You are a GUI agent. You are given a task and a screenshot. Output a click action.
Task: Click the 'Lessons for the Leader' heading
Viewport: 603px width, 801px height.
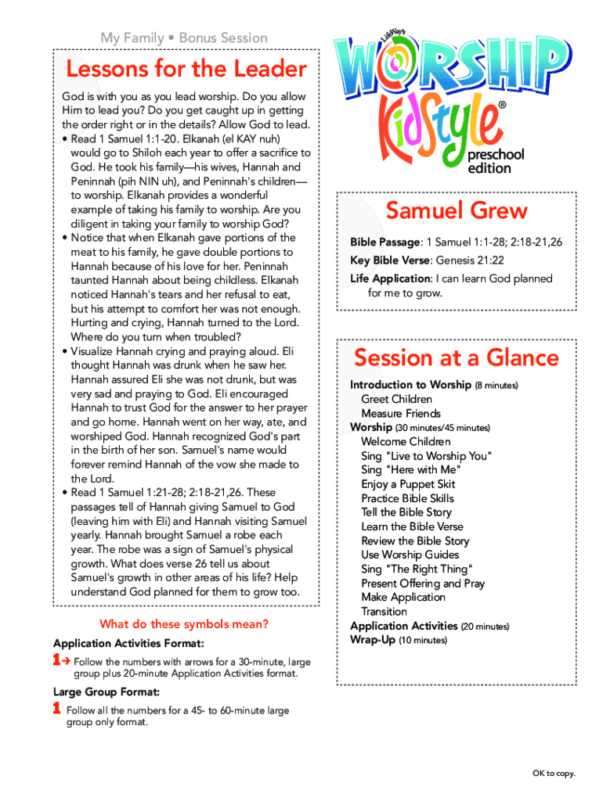pyautogui.click(x=186, y=70)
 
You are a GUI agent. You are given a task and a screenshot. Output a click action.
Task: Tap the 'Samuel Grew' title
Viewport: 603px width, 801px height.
pyautogui.click(x=457, y=210)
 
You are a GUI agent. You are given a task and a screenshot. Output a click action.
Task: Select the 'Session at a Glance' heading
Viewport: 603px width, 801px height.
pyautogui.click(x=457, y=358)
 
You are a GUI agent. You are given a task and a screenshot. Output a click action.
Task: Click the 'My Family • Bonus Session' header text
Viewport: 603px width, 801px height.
pyautogui.click(x=184, y=38)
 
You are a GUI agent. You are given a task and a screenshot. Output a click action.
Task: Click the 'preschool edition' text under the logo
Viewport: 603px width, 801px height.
pyautogui.click(x=496, y=162)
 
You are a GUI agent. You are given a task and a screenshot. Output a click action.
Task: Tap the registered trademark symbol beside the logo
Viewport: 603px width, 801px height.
pyautogui.click(x=502, y=105)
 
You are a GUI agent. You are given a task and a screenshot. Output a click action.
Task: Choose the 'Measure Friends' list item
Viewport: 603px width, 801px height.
pyautogui.click(x=401, y=413)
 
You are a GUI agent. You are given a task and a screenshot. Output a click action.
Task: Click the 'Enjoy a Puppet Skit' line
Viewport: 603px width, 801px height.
pyautogui.click(x=408, y=484)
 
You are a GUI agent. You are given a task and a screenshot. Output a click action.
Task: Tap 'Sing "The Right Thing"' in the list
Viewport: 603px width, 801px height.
pyautogui.click(x=417, y=569)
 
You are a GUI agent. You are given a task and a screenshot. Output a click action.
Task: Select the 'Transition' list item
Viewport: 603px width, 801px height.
pyautogui.click(x=384, y=611)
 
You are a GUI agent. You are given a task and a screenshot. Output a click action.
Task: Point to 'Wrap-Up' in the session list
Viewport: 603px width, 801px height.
pyautogui.click(x=373, y=640)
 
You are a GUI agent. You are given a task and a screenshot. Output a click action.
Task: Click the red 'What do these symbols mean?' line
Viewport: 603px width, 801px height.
pyautogui.click(x=184, y=624)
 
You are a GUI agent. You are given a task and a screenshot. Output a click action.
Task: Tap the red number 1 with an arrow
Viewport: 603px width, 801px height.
pyautogui.click(x=61, y=661)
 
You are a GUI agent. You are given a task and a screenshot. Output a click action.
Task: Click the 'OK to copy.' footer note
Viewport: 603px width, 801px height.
pyautogui.click(x=554, y=774)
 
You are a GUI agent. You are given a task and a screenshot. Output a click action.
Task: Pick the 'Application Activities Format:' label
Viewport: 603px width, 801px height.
pyautogui.click(x=129, y=643)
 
